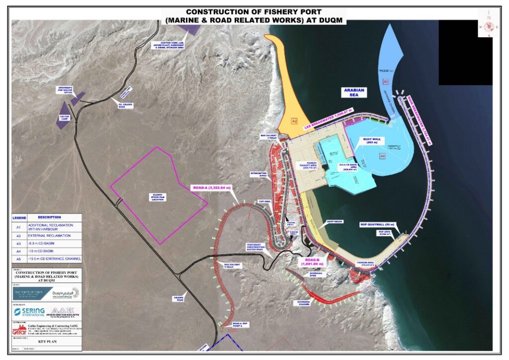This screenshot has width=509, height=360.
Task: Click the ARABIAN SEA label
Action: click(x=353, y=93)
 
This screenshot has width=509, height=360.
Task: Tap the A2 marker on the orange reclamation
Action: click(x=294, y=121)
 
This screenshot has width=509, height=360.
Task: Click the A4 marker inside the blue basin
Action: click(x=382, y=156)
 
